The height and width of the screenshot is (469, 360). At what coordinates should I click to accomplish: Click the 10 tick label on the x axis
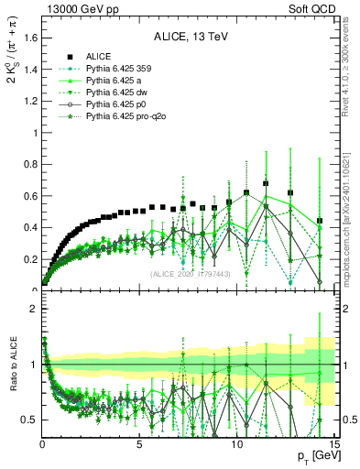tap(235, 446)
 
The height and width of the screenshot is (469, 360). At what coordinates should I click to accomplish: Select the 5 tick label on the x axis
tap(139, 446)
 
